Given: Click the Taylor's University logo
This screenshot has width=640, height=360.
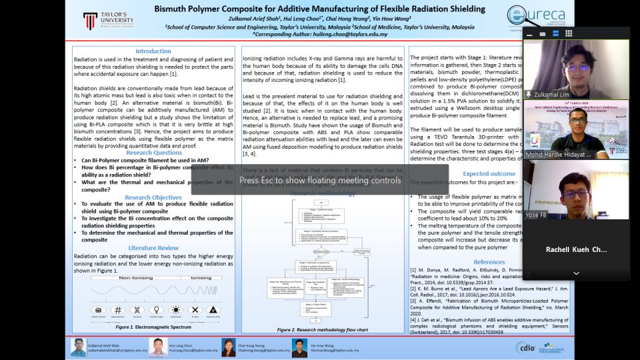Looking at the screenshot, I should click(108, 21).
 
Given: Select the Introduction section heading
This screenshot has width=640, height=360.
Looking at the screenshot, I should click(153, 51).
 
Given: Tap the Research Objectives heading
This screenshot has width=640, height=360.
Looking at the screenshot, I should click(153, 197).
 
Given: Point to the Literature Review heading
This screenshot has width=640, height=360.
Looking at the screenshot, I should click(153, 248).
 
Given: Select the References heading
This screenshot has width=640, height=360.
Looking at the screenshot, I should click(489, 262).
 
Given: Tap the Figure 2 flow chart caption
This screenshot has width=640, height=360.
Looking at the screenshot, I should click(323, 329).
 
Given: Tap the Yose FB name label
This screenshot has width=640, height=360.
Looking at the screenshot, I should click(537, 216).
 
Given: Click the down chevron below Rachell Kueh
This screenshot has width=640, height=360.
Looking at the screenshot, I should click(576, 273).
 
